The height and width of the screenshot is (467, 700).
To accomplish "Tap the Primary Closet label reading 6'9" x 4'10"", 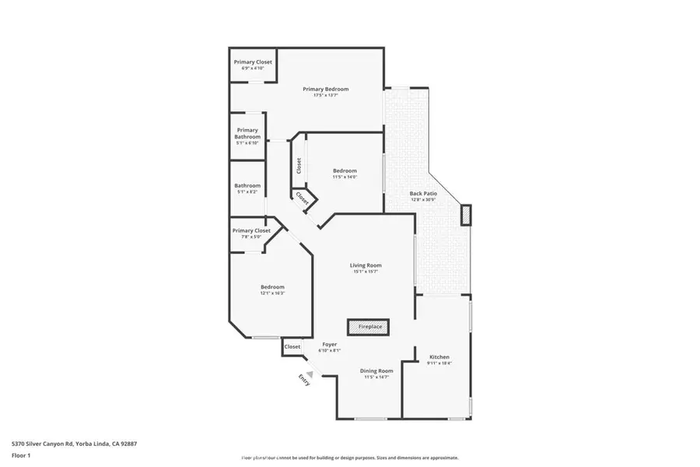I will point(253,65).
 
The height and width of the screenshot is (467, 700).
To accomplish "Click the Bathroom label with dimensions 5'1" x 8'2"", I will point(247,188).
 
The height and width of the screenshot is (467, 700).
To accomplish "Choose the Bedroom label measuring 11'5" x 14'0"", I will point(345,174).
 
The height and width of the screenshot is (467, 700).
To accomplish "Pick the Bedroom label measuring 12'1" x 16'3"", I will point(272,290).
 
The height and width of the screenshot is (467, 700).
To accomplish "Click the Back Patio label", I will point(424,197).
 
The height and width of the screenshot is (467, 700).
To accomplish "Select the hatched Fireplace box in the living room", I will point(369,327).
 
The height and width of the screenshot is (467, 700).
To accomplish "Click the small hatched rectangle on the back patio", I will point(466,215).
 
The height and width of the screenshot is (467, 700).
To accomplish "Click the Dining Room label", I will point(376,374).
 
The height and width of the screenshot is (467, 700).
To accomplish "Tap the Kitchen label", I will point(439,360).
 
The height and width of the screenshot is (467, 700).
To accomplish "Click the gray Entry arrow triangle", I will point(309,374).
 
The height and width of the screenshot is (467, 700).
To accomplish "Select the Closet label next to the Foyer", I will point(292,346).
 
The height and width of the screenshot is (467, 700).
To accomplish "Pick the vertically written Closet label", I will point(299,166).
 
